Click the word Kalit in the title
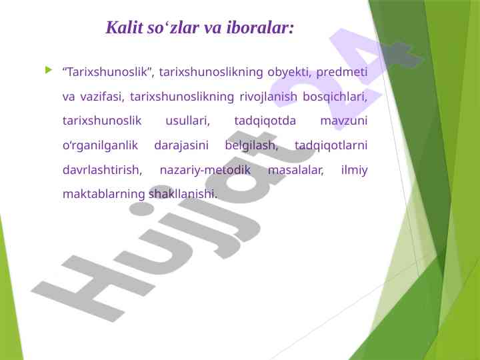tap(124, 27)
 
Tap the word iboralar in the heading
tap(260, 27)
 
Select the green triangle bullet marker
tap(49, 70)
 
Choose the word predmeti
tap(341, 73)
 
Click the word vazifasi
tap(102, 97)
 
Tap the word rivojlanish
tap(269, 97)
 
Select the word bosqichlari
tap(335, 97)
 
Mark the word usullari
tap(187, 121)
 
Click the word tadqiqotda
tap(265, 121)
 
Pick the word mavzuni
tap(344, 121)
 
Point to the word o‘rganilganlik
tap(101, 146)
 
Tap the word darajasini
tap(181, 146)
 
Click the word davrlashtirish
tap(102, 170)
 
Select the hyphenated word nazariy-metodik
tap(205, 170)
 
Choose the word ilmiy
tap(355, 170)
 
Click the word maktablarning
tap(104, 195)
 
